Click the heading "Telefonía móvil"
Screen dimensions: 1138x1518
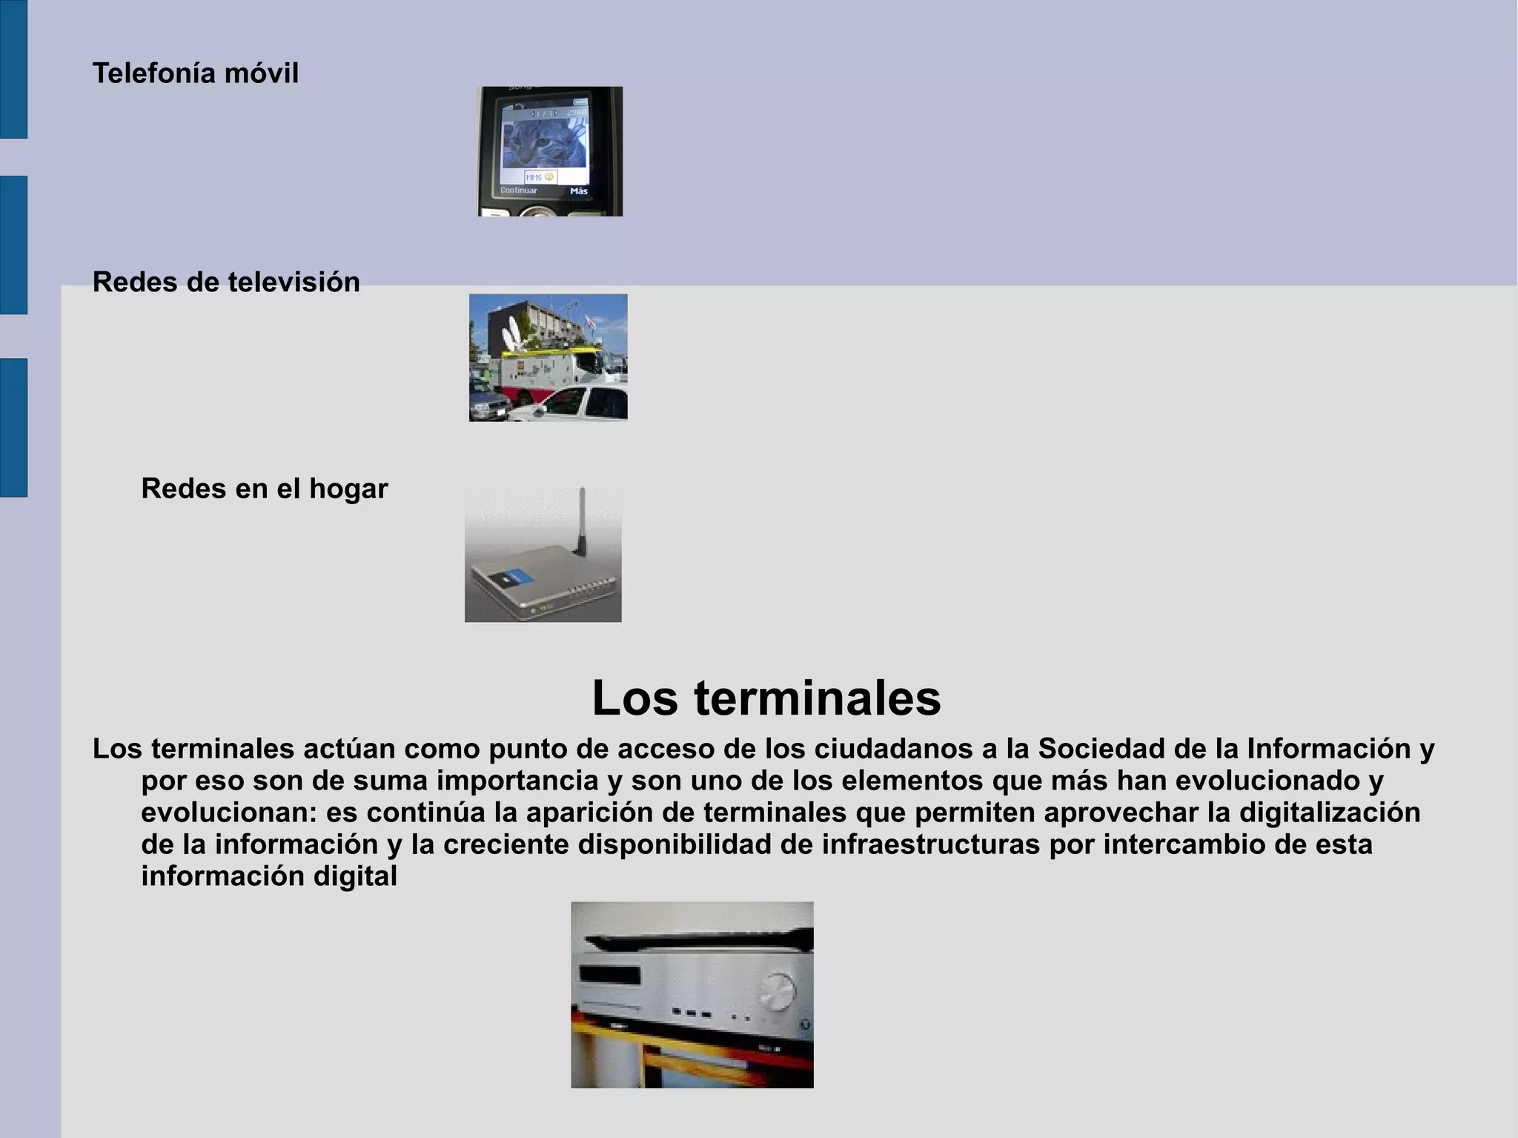pos(195,73)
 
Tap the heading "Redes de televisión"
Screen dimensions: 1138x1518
pos(226,282)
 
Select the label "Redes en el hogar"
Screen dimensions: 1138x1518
pos(265,489)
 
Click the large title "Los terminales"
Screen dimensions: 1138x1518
pos(766,698)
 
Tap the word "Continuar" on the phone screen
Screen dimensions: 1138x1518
pos(519,191)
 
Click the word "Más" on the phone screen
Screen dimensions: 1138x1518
pos(579,191)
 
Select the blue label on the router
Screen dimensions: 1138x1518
pos(516,578)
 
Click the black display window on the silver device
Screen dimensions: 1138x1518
pos(610,976)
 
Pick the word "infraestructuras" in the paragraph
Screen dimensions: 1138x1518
pos(931,844)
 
